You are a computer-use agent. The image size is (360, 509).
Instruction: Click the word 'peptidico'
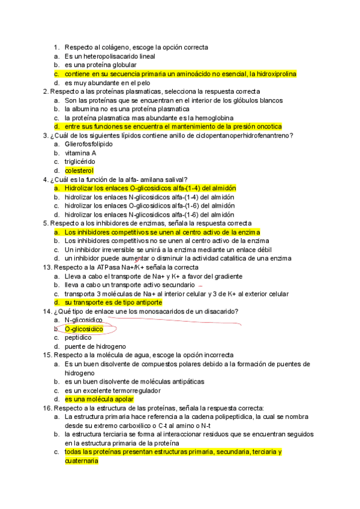(x=80, y=338)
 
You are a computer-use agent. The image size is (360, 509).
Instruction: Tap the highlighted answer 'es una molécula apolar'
(x=99, y=399)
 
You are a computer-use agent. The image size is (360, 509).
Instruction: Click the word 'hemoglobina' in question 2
(x=214, y=118)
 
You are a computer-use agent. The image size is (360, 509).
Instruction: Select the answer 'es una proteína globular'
(x=101, y=65)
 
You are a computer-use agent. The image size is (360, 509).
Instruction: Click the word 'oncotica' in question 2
(x=268, y=127)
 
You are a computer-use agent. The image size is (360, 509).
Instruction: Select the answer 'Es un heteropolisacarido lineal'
(x=110, y=56)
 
